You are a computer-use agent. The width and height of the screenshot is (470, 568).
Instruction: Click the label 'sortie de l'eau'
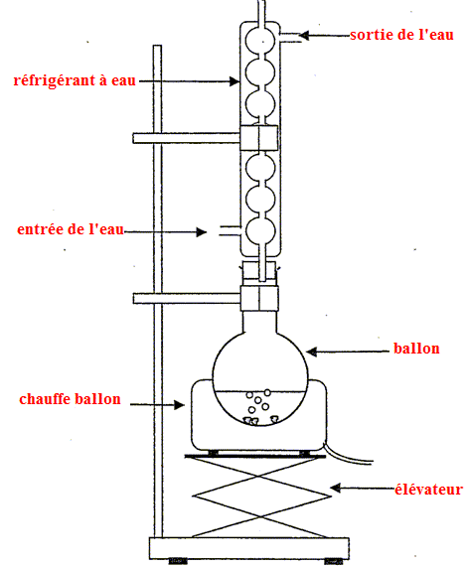[x=401, y=35]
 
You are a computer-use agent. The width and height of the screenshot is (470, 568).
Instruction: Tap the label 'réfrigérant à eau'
[x=75, y=80]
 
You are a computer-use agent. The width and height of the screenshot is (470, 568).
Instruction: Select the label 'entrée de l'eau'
[x=71, y=229]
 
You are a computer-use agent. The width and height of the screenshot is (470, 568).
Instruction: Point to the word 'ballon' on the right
[x=416, y=349]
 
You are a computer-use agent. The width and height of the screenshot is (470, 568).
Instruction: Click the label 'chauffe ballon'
[x=70, y=399]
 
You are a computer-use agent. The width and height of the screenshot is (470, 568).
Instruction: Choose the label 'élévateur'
[x=428, y=490]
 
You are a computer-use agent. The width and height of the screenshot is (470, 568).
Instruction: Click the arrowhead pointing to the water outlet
[x=304, y=35]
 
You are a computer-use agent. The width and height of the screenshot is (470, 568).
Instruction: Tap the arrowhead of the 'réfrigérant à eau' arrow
[x=235, y=81]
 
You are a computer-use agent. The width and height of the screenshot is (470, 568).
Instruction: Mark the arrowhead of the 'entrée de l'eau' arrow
[x=201, y=231]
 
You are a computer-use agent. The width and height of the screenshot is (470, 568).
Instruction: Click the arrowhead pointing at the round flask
[x=312, y=352]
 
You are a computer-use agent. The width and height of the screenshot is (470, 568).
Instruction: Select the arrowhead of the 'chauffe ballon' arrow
[x=180, y=404]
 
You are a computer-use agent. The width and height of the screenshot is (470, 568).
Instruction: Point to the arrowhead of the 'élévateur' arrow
[x=336, y=488]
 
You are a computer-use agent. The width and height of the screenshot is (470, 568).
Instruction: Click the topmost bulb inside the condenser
[x=260, y=41]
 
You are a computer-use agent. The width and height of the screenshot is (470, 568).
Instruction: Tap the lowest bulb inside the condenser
[x=260, y=231]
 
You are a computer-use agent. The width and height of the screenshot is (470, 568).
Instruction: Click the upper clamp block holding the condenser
[x=258, y=138]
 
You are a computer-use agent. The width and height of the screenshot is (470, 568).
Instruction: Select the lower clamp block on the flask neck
[x=259, y=298]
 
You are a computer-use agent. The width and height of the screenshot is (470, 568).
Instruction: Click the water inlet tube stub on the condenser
[x=230, y=230]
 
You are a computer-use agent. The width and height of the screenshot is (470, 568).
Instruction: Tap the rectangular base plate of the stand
[x=249, y=548]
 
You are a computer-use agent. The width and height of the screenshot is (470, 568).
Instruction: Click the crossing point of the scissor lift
[x=259, y=476]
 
